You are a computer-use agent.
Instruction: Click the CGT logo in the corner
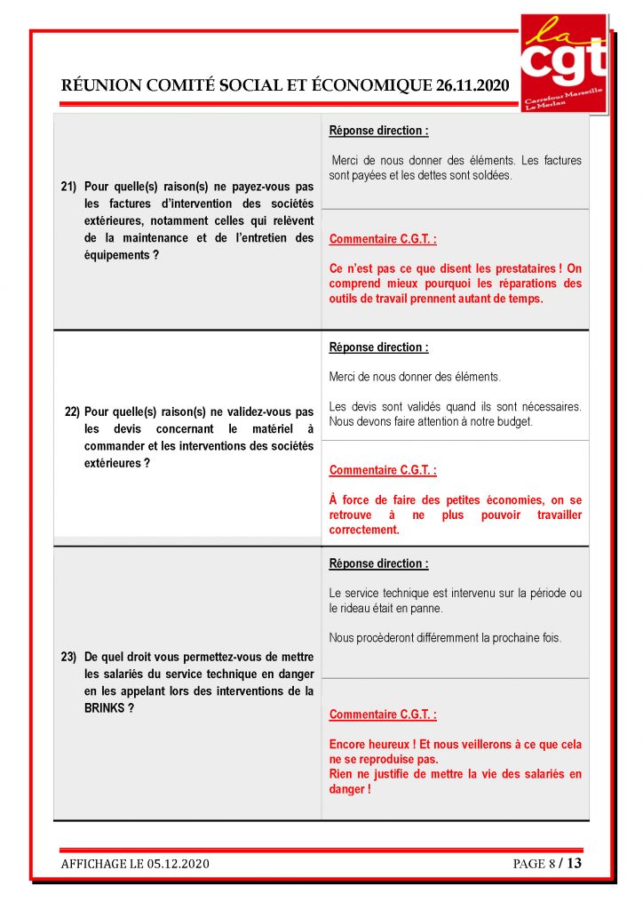pyautogui.click(x=563, y=62)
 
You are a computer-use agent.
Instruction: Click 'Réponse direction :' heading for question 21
pyautogui.click(x=378, y=131)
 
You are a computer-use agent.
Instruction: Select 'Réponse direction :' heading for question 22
pyautogui.click(x=378, y=347)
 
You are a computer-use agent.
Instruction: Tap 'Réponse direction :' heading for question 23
pyautogui.click(x=378, y=563)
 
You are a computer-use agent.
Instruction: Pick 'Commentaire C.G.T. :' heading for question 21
pyautogui.click(x=383, y=239)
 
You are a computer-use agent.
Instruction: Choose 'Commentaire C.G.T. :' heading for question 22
pyautogui.click(x=383, y=470)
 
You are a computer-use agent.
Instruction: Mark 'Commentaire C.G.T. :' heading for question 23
pyautogui.click(x=383, y=714)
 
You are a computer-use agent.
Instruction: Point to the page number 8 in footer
pyautogui.click(x=549, y=864)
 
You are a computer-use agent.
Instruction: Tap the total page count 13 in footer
pyautogui.click(x=574, y=863)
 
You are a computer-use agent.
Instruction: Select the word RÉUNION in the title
pyautogui.click(x=96, y=85)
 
